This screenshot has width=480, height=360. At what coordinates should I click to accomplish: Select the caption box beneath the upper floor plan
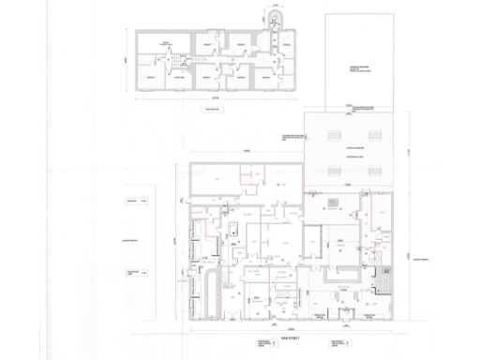pyautogui.click(x=215, y=109)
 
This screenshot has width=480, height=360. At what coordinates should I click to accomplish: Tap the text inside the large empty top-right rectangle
pyautogui.click(x=362, y=69)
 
